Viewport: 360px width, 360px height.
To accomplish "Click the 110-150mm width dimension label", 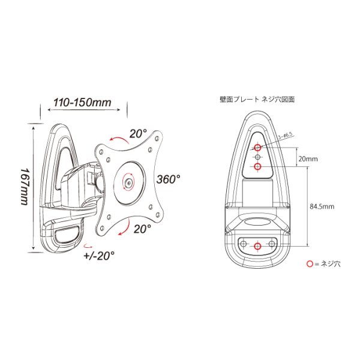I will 82,102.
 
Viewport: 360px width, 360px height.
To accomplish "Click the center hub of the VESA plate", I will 128,182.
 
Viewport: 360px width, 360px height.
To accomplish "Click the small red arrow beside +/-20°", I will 88,245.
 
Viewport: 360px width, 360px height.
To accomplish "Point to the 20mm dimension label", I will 307,159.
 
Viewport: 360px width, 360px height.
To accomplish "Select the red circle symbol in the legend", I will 310,263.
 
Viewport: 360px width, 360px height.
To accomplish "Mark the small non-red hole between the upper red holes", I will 257,157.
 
